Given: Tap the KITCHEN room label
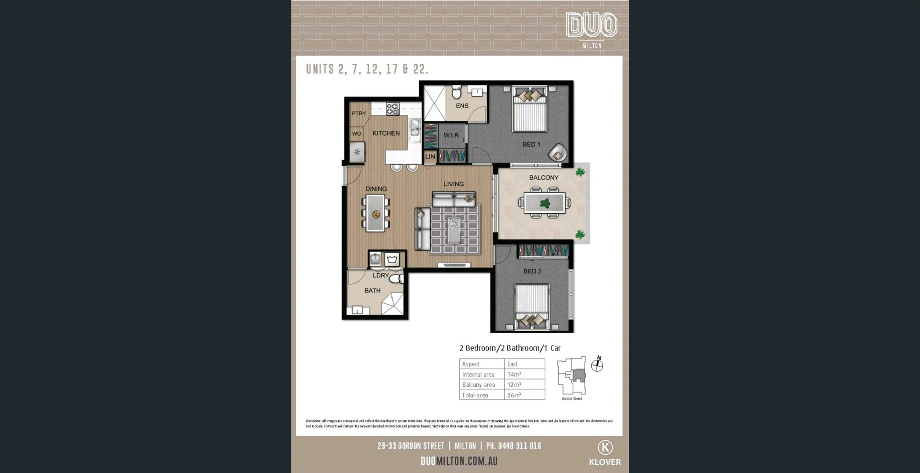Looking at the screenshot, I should (x=386, y=133).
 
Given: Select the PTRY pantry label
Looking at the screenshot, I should (x=358, y=114).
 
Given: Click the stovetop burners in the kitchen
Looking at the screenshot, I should (x=392, y=109).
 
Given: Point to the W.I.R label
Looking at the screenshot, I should (x=451, y=135).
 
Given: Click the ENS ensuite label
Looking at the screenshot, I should (x=462, y=106).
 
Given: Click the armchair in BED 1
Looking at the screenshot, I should (x=558, y=153).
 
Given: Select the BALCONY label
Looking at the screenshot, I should (x=543, y=177).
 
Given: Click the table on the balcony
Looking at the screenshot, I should (x=544, y=203).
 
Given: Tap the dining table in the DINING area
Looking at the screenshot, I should (x=376, y=214).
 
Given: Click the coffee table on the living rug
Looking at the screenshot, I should (x=454, y=229).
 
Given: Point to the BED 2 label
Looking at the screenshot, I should (x=532, y=271).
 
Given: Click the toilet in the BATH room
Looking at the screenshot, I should (x=396, y=278).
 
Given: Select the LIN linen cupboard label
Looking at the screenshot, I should (x=430, y=157).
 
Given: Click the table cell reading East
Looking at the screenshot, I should (x=512, y=364).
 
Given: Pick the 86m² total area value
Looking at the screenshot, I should (x=514, y=395).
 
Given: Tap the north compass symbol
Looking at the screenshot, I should (x=597, y=365).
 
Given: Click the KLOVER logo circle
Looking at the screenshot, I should (x=605, y=448).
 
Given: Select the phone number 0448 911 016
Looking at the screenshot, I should (x=519, y=446).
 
